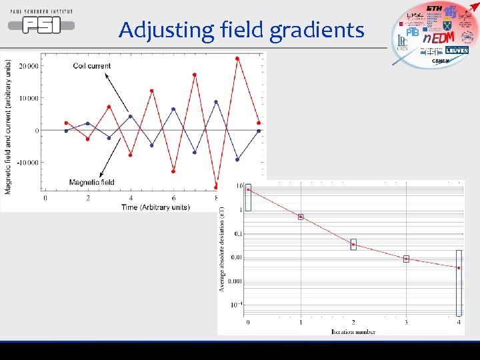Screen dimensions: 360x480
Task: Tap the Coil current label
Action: coord(93,66)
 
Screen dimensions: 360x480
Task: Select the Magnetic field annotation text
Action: coord(91,182)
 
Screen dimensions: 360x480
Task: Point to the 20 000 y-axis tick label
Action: coord(29,66)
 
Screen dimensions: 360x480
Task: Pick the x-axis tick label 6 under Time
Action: coord(173,198)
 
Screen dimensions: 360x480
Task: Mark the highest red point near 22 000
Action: coord(237,59)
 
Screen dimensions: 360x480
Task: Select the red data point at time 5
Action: coord(152,91)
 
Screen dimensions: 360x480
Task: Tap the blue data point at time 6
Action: coord(173,109)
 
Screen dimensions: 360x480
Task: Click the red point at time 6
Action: coord(173,171)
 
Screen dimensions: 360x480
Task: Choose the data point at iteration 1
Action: coord(301,217)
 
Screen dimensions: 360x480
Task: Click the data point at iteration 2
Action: coord(353,245)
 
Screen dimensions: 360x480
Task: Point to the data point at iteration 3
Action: coord(406,259)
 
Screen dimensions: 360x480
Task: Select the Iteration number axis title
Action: coord(353,331)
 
